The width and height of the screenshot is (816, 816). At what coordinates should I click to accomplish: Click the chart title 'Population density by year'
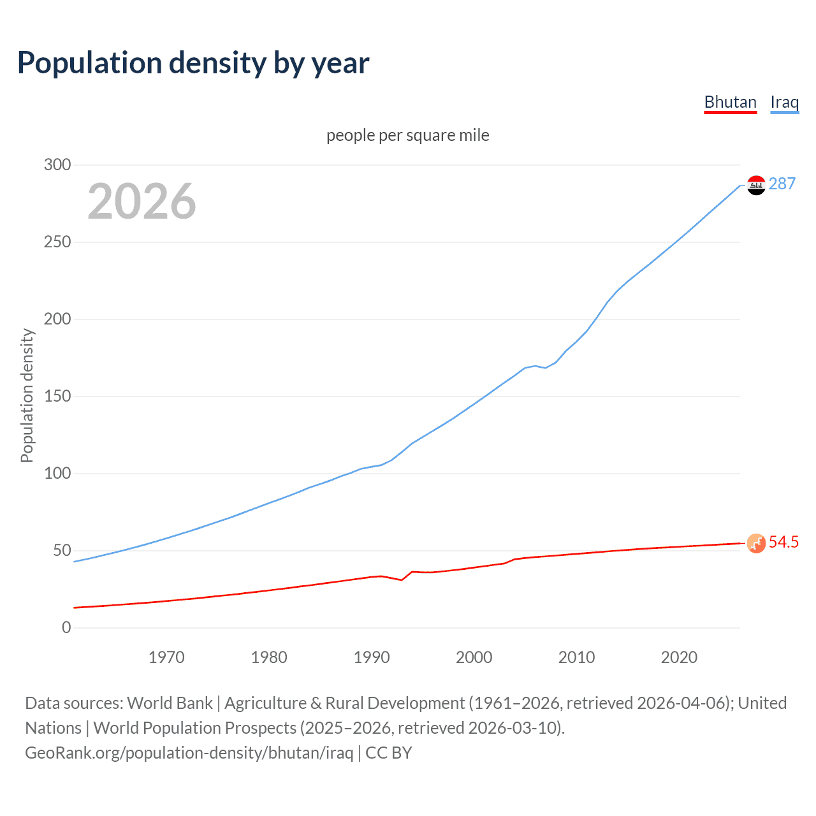[x=193, y=63]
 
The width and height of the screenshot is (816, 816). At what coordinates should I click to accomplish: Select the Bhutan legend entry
[x=730, y=102]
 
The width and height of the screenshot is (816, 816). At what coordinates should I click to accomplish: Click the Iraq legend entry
[x=784, y=102]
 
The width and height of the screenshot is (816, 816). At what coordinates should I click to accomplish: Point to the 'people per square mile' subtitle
[x=408, y=135]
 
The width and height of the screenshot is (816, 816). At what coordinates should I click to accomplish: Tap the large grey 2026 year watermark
[x=142, y=201]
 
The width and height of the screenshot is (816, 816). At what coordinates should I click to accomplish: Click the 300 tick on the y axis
[x=57, y=164]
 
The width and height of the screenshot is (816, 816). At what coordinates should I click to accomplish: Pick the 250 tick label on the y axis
[x=57, y=242]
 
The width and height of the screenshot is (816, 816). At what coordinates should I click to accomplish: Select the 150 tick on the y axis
[x=57, y=397]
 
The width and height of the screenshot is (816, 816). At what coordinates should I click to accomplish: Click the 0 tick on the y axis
[x=66, y=628]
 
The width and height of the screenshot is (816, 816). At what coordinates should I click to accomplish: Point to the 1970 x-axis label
[x=166, y=657]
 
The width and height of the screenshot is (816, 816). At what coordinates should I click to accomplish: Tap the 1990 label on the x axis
[x=372, y=657]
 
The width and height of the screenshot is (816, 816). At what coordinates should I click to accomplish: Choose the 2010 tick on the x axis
[x=576, y=657]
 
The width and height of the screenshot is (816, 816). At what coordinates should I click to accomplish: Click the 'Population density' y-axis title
[x=27, y=395]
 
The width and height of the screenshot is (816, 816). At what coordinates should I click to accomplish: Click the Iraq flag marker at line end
[x=756, y=185]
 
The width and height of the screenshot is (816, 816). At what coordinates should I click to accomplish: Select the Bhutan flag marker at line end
[x=756, y=543]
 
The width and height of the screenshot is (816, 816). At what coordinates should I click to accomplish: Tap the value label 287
[x=782, y=184]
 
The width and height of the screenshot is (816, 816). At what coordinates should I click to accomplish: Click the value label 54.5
[x=783, y=543]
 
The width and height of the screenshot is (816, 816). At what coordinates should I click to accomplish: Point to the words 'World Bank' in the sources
[x=170, y=703]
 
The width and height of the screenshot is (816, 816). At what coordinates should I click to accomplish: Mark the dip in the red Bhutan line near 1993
[x=401, y=579]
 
